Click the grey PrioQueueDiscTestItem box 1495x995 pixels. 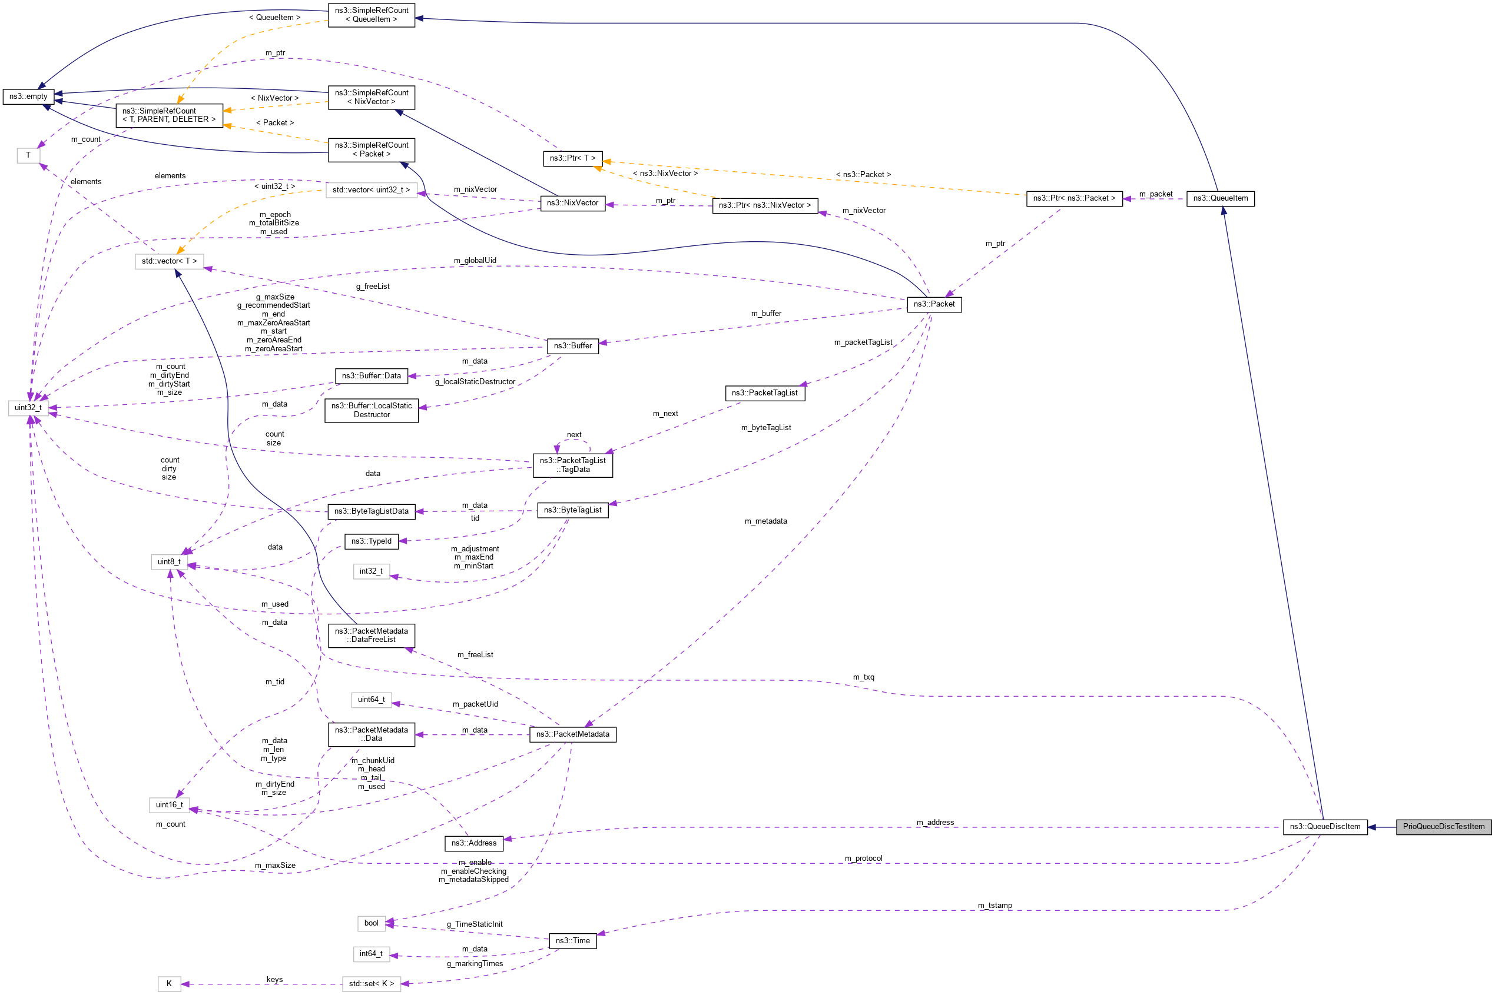click(1443, 826)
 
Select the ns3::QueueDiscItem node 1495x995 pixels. click(1324, 826)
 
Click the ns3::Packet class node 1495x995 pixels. click(933, 304)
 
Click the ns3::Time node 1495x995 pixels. click(572, 940)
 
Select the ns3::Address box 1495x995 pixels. click(473, 843)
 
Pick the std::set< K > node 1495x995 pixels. click(371, 984)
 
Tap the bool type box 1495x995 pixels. click(372, 923)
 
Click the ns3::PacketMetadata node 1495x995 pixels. click(572, 734)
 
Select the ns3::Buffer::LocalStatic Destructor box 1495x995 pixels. click(372, 410)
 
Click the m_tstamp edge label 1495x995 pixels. click(994, 905)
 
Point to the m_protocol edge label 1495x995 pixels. click(863, 858)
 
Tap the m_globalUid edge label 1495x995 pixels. click(474, 260)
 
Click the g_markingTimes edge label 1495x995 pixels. click(474, 963)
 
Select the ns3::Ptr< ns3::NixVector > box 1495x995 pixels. click(764, 205)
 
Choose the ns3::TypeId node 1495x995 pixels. click(372, 541)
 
